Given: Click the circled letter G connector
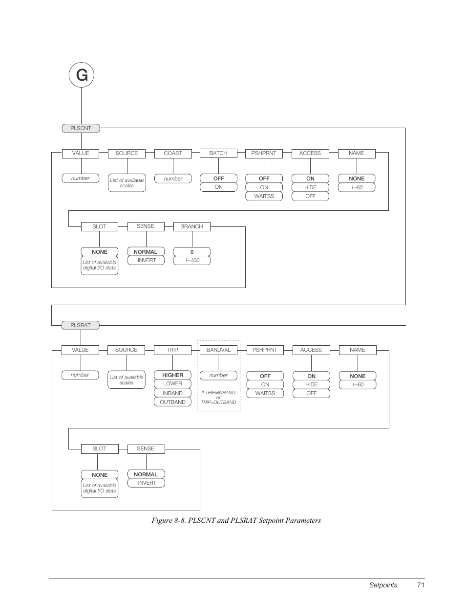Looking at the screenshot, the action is tap(81, 75).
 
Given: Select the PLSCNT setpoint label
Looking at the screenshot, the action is tap(81, 128).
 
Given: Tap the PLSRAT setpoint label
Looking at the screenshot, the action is tap(81, 325).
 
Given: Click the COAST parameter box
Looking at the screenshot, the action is tap(172, 153).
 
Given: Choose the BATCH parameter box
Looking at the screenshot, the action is tap(218, 153).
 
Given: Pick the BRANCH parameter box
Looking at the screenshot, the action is tap(191, 226).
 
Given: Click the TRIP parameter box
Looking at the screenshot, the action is tap(172, 350).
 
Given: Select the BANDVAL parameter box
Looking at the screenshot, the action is tap(218, 350).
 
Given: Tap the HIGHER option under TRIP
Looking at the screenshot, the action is tap(172, 375).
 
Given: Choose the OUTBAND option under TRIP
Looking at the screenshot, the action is tap(172, 402).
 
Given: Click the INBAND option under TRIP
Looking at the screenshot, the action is tap(172, 393).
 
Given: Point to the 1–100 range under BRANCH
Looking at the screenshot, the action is tap(192, 260).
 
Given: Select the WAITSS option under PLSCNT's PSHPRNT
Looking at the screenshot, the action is tap(264, 196).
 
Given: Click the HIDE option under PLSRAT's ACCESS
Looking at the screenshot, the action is tap(311, 384).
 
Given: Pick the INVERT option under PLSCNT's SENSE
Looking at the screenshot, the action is tap(147, 260).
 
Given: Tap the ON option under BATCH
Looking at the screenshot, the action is tap(218, 187).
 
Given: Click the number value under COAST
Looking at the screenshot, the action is tap(173, 179).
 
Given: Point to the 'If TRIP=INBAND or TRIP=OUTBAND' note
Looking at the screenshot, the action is tap(218, 397).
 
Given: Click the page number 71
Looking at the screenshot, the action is tap(421, 585).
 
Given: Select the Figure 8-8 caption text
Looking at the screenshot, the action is tap(236, 520).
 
